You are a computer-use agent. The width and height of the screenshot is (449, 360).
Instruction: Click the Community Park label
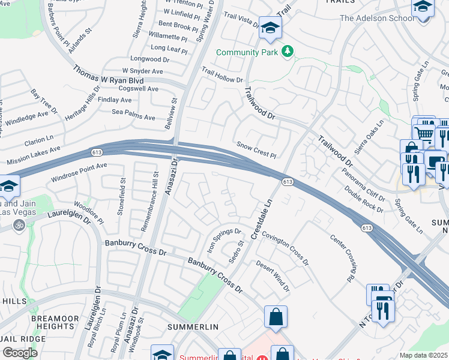[x=249, y=52]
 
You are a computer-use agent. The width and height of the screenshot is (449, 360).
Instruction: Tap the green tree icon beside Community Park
[x=288, y=52]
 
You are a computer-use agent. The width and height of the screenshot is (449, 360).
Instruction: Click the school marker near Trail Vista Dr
[x=270, y=28]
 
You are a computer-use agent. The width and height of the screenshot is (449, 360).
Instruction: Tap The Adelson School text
[x=377, y=18]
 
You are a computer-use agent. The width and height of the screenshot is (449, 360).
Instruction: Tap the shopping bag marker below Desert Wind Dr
[x=276, y=317]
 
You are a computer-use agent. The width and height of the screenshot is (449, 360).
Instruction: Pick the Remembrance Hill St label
[x=154, y=193]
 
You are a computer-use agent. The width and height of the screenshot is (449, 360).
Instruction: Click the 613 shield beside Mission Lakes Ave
[x=97, y=152]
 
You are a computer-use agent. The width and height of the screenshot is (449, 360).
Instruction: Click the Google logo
[x=20, y=353]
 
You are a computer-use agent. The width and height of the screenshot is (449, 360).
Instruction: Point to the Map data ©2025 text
[x=424, y=355]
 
